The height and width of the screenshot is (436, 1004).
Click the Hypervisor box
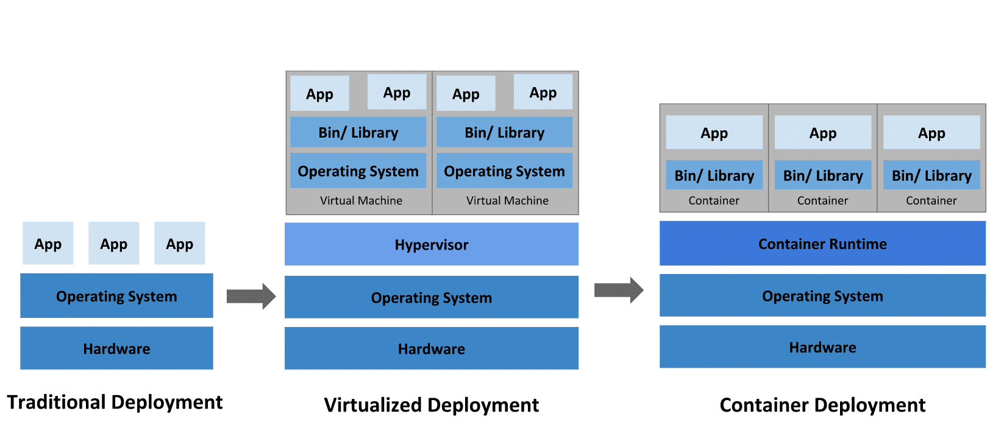coord(431,244)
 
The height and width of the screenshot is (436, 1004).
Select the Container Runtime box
coord(822,243)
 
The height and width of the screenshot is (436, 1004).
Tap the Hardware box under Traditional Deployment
coord(116,348)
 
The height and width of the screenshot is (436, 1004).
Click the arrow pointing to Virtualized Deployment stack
coord(251,296)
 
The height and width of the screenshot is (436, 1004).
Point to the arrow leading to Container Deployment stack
coord(619,290)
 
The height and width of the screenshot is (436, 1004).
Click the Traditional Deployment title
coord(115,402)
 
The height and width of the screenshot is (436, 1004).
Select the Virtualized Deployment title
coord(431,405)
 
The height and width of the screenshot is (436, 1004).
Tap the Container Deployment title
coord(822,405)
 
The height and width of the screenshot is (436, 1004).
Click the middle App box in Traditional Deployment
coord(114,243)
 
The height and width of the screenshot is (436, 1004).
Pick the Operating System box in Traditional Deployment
coord(116,295)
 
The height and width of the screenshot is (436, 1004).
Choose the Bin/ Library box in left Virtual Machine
coord(358,132)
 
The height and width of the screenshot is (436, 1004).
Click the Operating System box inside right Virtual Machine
coord(504,171)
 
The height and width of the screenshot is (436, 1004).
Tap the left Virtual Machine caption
coord(361,200)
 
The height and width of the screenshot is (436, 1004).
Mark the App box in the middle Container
coord(823,133)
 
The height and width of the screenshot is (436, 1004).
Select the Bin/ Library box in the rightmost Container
coord(931,175)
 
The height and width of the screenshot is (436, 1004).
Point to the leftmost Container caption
coord(714,200)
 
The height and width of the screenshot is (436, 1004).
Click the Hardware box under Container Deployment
coord(822,347)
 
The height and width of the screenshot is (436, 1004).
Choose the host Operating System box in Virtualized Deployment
coord(431,297)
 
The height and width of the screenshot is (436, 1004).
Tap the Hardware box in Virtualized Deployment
coord(431,348)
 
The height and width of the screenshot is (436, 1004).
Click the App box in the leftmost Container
coord(714,133)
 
